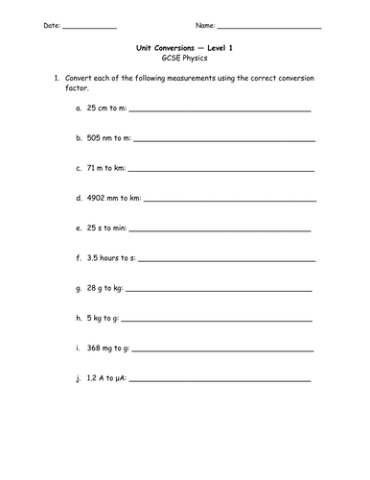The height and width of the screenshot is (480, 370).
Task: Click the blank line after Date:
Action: [x=89, y=27]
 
